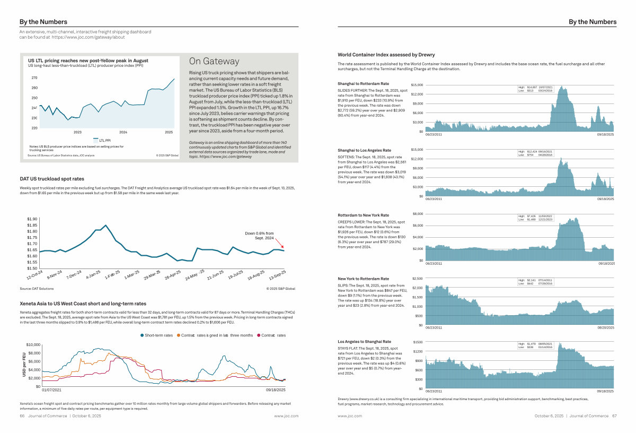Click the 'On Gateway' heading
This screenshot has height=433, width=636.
[214, 62]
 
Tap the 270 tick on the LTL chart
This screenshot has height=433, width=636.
[34, 77]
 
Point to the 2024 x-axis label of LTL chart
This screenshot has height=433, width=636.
[123, 132]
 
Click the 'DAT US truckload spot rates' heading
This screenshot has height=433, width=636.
[52, 179]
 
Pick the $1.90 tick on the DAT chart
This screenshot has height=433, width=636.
[32, 219]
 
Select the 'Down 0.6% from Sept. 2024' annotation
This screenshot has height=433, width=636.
[259, 236]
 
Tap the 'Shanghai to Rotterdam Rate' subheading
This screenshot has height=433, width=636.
[363, 84]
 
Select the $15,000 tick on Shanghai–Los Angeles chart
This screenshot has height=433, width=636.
[417, 150]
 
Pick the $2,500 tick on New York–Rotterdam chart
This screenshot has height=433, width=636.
[417, 279]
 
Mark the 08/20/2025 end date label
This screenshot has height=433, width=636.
[605, 328]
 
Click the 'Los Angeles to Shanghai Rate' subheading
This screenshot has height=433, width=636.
[364, 341]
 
